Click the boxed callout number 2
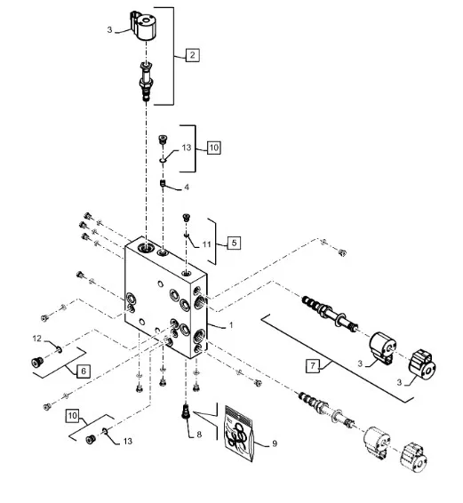[192, 55]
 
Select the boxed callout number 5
[234, 243]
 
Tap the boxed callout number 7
[313, 365]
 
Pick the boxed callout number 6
[84, 371]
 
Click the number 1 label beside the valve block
[231, 325]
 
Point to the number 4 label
[187, 188]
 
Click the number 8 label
[199, 435]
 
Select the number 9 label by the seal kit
[275, 443]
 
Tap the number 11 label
[207, 244]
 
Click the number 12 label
[37, 339]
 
